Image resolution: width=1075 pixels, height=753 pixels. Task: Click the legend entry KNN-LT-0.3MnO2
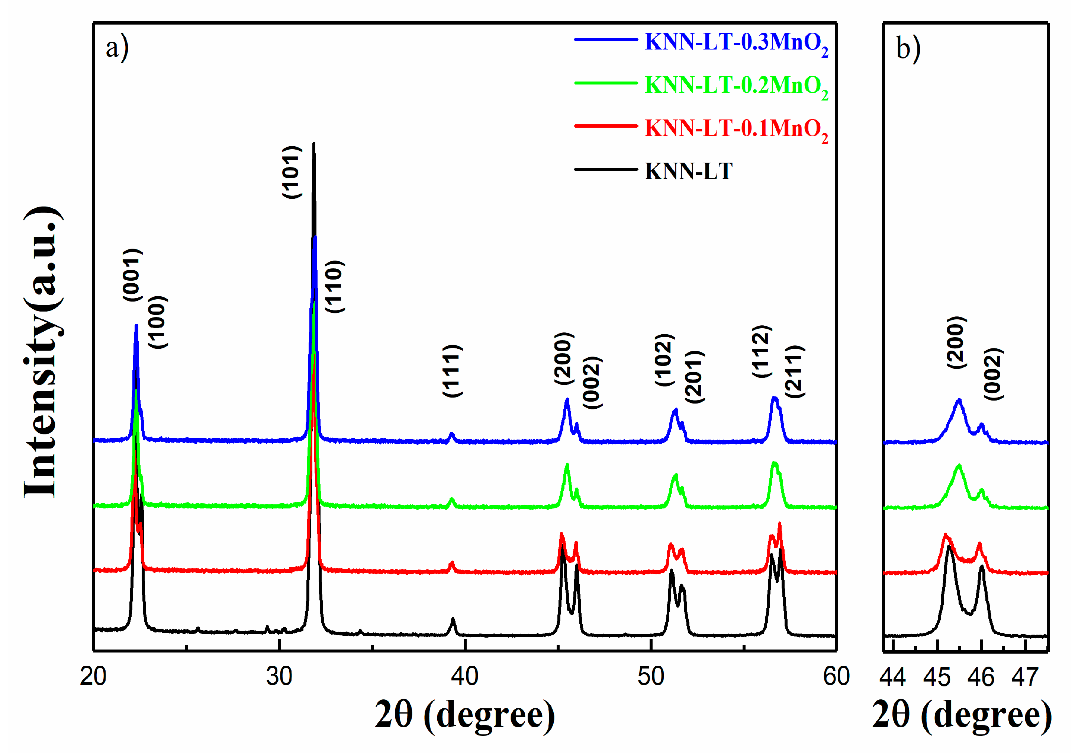coord(736,43)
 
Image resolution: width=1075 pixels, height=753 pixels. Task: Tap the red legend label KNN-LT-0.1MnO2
coord(736,129)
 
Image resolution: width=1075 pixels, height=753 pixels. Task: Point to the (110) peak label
coord(335,287)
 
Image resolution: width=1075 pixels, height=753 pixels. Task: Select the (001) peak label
coord(132,275)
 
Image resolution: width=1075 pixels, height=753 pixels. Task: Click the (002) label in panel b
coord(993,374)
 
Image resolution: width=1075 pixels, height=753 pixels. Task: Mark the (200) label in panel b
coord(956,342)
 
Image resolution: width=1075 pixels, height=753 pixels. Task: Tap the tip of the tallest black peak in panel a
coord(314,144)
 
